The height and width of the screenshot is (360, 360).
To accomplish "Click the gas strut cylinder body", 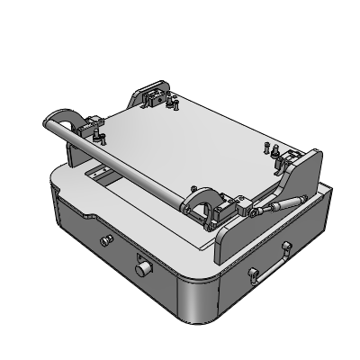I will [286, 202].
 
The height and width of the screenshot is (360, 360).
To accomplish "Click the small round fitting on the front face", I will [142, 268].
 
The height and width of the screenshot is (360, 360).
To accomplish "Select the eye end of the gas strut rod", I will [256, 212].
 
